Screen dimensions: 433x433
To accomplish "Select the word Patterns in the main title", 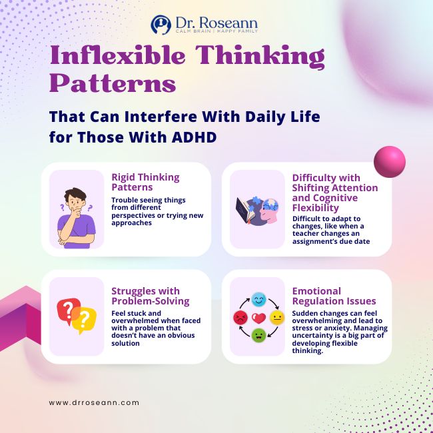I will [113, 85].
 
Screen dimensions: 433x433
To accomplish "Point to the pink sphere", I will [389, 163].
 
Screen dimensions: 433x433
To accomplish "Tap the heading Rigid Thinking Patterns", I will [145, 182].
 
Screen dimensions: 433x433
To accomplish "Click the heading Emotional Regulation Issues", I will [334, 296].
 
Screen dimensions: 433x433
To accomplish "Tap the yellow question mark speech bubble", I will [85, 320].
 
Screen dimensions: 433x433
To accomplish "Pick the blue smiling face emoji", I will [258, 298].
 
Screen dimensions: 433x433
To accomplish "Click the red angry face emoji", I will [240, 317].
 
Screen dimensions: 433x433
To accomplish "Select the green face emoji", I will [258, 335].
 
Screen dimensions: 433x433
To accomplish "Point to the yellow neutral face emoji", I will [277, 317].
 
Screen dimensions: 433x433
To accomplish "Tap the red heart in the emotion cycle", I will [258, 317].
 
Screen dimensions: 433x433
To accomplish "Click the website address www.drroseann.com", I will [94, 402].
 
